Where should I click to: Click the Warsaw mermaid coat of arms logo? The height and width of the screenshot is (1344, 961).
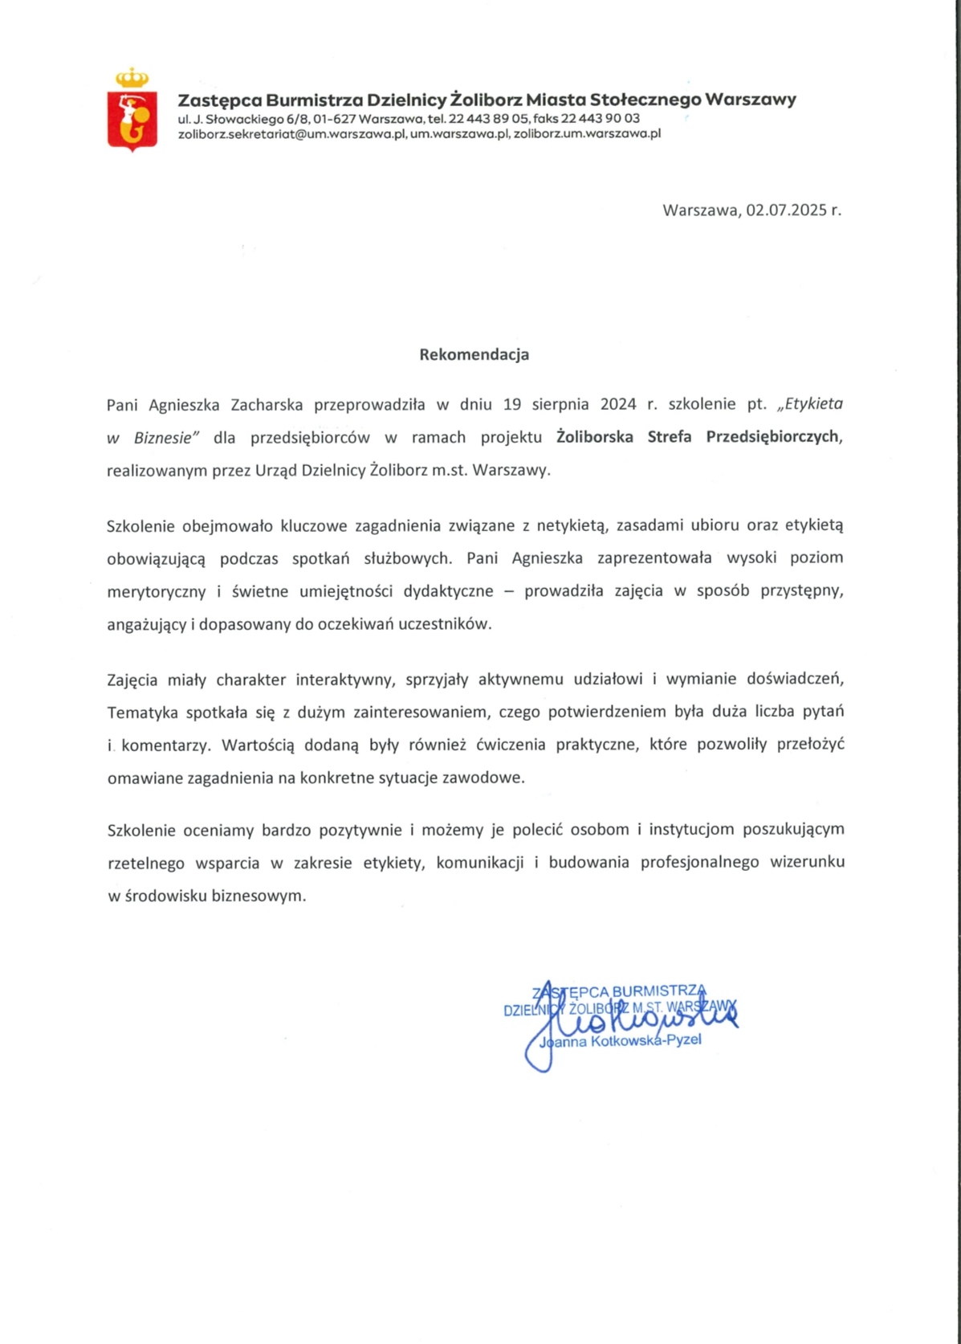click(132, 112)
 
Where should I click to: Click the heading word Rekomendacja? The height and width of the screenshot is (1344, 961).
click(474, 354)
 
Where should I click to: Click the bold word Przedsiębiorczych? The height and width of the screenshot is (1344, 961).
click(774, 437)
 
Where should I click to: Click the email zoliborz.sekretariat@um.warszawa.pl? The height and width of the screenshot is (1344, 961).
click(292, 134)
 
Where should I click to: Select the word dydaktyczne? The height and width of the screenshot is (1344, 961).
click(448, 591)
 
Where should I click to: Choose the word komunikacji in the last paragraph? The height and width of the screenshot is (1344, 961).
click(480, 863)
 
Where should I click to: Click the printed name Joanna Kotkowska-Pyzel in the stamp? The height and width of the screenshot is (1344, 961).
click(621, 1040)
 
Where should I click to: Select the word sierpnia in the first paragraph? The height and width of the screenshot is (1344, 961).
click(559, 404)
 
